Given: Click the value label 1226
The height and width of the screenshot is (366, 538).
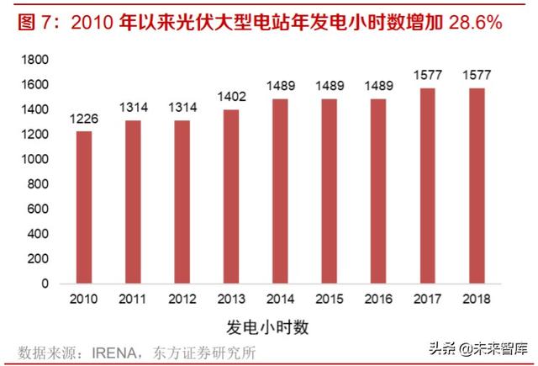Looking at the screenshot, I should [84, 119].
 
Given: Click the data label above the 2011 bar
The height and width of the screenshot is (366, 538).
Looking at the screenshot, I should [133, 109].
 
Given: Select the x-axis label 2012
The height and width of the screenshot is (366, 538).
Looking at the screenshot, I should [181, 300].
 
